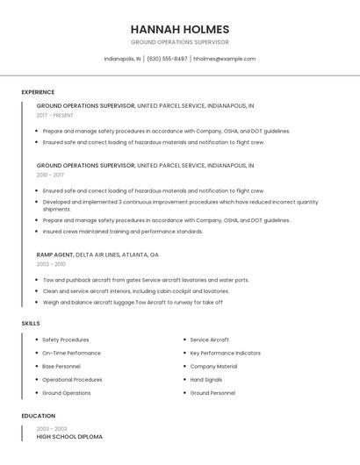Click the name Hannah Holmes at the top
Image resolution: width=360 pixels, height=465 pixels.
point(179,29)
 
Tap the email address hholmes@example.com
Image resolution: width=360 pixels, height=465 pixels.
point(224,59)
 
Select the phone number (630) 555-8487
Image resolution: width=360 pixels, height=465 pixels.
point(167,59)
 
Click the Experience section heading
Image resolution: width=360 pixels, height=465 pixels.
point(38,92)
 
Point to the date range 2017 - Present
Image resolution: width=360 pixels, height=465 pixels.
point(55,115)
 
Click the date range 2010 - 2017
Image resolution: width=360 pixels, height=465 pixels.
point(50,175)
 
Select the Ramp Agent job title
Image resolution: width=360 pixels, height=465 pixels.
point(55,254)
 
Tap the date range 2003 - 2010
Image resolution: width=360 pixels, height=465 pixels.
point(51,264)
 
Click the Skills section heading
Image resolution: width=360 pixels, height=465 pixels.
point(31,324)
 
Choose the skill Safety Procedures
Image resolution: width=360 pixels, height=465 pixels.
point(66,340)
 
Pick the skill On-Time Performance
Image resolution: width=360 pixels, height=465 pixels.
point(71,353)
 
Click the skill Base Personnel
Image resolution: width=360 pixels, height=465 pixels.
point(61,366)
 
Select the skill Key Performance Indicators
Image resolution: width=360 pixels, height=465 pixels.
point(225,353)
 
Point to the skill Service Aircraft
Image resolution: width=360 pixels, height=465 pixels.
point(210,340)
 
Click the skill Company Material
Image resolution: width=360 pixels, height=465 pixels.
point(213,366)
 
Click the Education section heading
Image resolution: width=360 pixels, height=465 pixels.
point(38,416)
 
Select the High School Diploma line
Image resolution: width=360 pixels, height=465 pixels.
point(69,436)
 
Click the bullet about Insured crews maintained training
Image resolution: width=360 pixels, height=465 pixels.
point(123,232)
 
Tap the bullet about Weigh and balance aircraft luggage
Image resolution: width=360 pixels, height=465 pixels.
point(132,302)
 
